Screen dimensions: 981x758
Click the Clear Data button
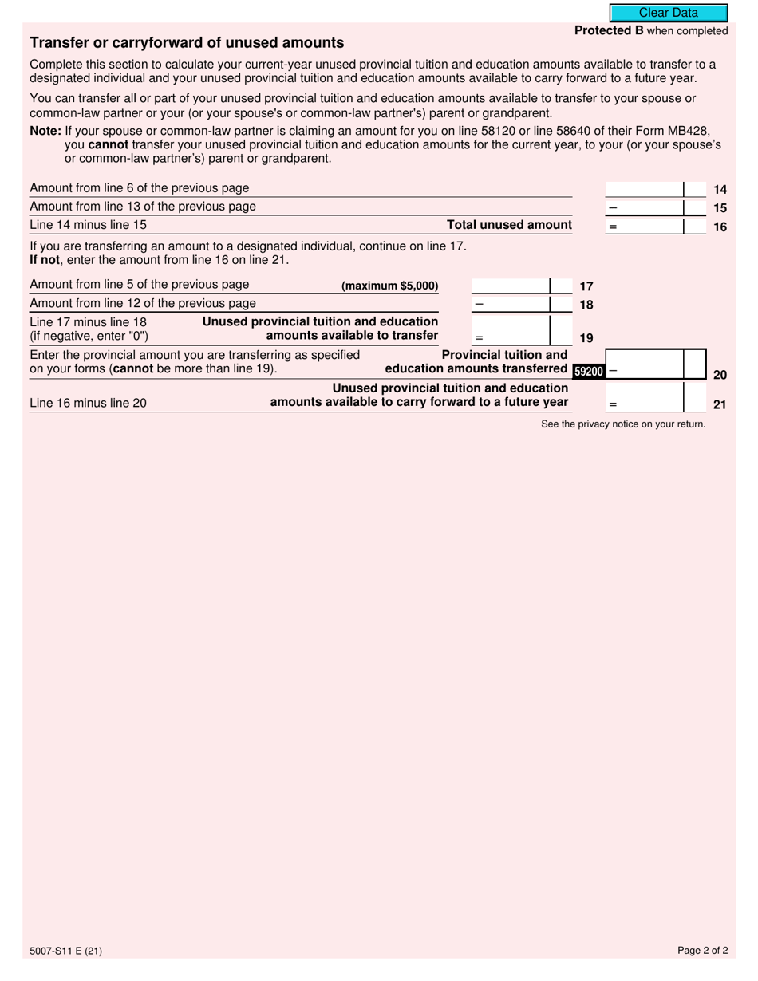[669, 13]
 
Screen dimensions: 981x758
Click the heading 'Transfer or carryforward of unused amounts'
[187, 43]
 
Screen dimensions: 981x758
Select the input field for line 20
[656, 364]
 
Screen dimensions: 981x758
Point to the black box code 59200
[589, 371]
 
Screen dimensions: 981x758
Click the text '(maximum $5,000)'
[389, 286]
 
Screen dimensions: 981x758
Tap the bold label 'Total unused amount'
[509, 225]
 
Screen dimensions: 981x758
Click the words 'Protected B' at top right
[609, 31]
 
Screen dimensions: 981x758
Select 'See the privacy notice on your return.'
[623, 424]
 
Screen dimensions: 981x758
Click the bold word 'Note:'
[45, 131]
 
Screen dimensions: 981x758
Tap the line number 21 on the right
[719, 404]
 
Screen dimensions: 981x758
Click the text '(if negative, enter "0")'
[89, 336]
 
